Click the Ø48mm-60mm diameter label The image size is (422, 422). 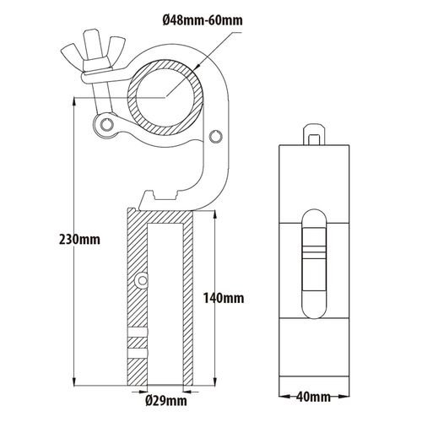pos(203,21)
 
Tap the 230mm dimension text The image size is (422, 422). pos(79,240)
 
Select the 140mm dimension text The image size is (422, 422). pos(224,298)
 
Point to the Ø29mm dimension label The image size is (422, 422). pos(166,401)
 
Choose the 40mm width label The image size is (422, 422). pos(313,397)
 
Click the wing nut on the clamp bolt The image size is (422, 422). pos(93,50)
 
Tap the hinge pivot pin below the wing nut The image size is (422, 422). pos(106,124)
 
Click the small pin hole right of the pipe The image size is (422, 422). pos(216,137)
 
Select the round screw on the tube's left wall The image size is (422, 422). pos(141,280)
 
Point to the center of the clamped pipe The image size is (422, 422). pos(165,97)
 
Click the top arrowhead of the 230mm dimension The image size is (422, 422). pos(74,102)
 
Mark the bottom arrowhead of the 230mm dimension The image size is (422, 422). pos(74,381)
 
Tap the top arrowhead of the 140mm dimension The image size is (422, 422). pos(215,215)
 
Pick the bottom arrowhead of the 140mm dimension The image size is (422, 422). pos(215,381)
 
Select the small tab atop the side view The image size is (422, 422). pos(314,134)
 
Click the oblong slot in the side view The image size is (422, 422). pos(314,264)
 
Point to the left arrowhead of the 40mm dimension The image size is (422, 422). pos(284,397)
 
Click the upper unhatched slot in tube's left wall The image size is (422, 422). pos(138,333)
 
